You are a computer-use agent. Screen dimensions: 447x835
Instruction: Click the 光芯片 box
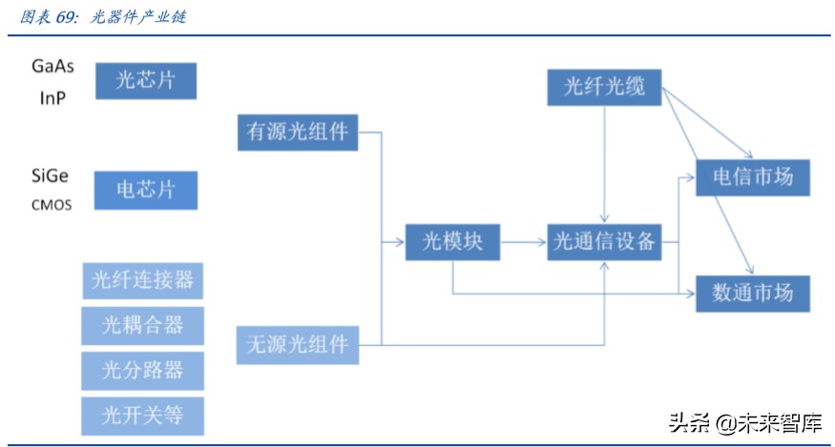tap(145, 81)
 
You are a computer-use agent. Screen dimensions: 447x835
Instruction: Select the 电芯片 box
tap(145, 190)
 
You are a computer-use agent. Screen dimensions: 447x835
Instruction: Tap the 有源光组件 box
tap(297, 132)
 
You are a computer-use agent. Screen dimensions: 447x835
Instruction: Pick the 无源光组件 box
tap(297, 344)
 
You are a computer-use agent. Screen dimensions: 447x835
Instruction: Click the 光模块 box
tap(451, 242)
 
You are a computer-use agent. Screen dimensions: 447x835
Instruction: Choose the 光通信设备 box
tap(604, 242)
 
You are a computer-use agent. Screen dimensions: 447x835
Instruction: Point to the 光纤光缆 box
tap(604, 88)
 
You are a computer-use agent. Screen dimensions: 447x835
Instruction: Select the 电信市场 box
tap(752, 177)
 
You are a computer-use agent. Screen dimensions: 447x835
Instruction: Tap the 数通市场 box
tap(752, 294)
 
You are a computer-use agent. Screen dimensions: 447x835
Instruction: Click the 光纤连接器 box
tap(142, 280)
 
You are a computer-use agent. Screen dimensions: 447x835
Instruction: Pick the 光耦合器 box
tap(142, 325)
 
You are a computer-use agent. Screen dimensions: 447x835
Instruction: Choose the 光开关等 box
tap(142, 416)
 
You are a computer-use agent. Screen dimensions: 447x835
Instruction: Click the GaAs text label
tap(52, 66)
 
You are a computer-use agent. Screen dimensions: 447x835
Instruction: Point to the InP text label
tap(52, 97)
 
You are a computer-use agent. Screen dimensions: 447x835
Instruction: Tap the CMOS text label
tap(50, 204)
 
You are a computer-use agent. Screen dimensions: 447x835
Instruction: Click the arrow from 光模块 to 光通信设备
tap(522, 242)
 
